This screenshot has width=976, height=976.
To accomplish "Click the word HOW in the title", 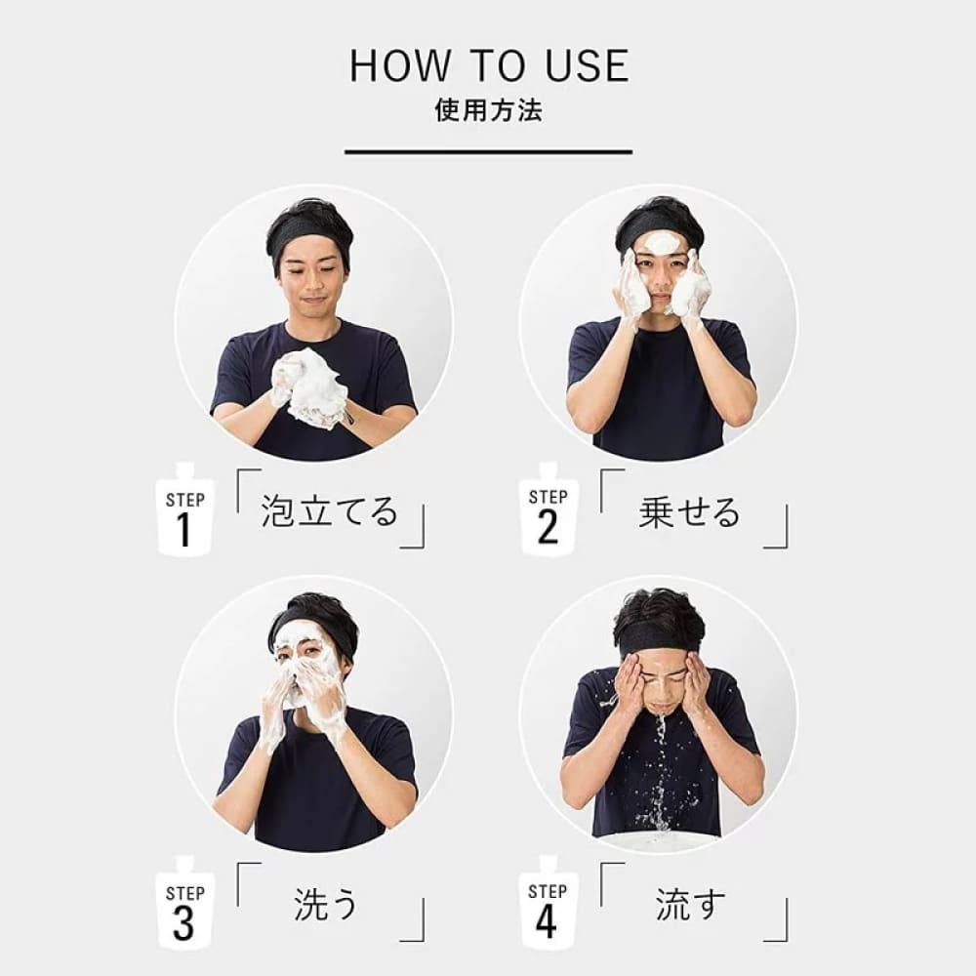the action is [399, 66].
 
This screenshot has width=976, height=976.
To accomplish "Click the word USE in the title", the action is [587, 66].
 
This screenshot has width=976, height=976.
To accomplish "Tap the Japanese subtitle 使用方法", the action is [489, 110].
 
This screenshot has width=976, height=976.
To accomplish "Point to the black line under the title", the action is [489, 151].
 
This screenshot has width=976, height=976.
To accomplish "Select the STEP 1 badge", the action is [184, 509].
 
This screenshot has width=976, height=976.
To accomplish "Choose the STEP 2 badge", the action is [549, 509].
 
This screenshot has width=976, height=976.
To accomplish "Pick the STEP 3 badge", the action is [184, 903].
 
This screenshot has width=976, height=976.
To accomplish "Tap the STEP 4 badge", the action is [549, 903].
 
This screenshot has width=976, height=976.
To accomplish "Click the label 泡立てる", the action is [329, 511].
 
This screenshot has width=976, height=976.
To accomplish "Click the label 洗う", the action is [326, 905].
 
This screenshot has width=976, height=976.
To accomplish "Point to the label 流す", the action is [690, 904].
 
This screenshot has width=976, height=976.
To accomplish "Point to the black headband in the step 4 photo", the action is [659, 639].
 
